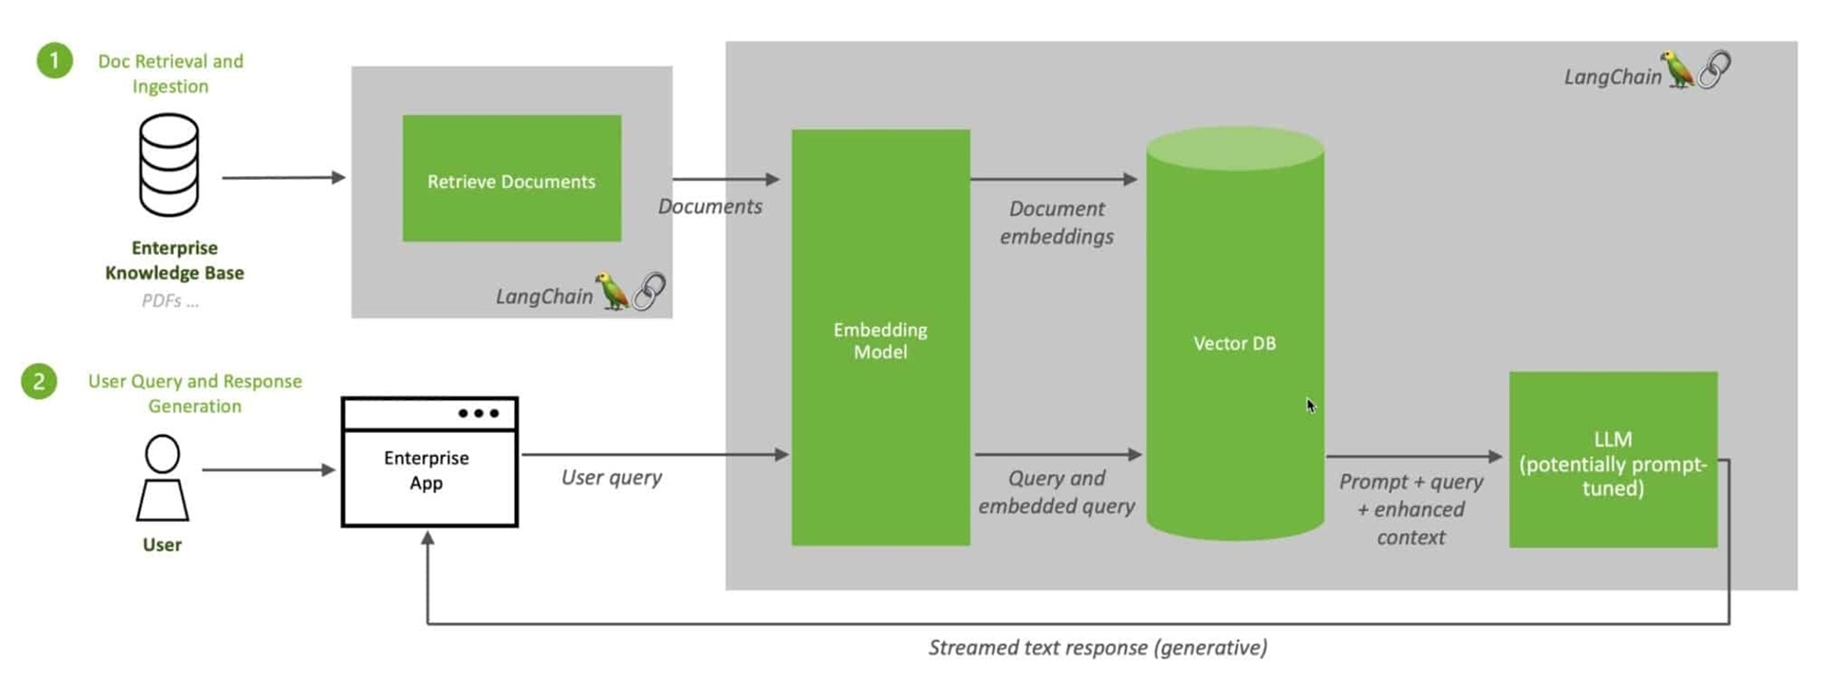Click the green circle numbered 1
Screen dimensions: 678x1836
(x=54, y=61)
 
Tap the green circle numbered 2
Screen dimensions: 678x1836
(x=39, y=381)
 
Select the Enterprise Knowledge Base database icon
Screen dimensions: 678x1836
(x=169, y=165)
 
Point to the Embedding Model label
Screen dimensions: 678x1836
(x=880, y=340)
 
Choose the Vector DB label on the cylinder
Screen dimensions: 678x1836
(x=1234, y=343)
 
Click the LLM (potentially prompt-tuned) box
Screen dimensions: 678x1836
(x=1613, y=460)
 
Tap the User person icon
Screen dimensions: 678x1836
(x=162, y=478)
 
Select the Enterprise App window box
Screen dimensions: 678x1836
(x=429, y=462)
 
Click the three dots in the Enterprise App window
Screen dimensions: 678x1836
(x=478, y=414)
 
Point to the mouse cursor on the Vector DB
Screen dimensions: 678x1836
(x=1311, y=405)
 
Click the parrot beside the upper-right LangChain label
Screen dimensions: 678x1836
(x=1678, y=69)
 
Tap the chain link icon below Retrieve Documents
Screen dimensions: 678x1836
(x=650, y=292)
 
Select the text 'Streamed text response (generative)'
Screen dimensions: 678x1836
(x=1097, y=648)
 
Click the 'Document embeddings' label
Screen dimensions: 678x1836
(x=1057, y=223)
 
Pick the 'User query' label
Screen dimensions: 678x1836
(x=611, y=477)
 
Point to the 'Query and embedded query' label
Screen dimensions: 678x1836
(x=1057, y=492)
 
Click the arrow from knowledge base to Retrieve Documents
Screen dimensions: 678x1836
(x=283, y=177)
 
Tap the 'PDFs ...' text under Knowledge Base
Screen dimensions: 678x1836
(x=170, y=301)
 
